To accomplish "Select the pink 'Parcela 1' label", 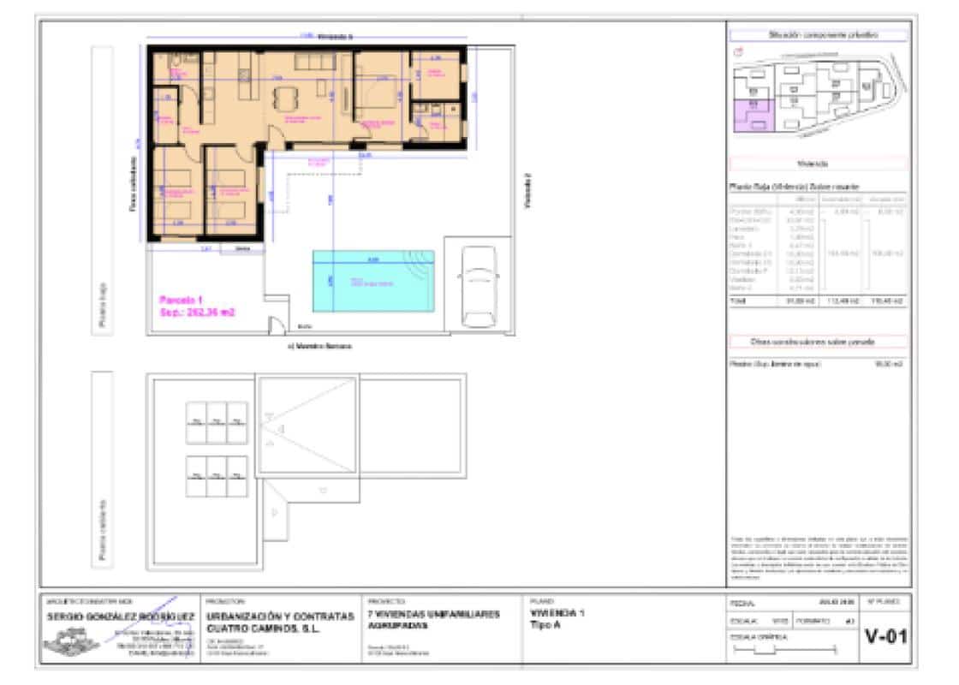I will (182, 300).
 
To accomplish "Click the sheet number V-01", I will (886, 638).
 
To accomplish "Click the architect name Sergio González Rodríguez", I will (119, 616).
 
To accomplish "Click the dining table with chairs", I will (286, 97).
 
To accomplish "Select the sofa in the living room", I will (319, 63).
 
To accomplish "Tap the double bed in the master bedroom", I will (381, 93).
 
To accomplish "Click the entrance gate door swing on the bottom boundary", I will (277, 326).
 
